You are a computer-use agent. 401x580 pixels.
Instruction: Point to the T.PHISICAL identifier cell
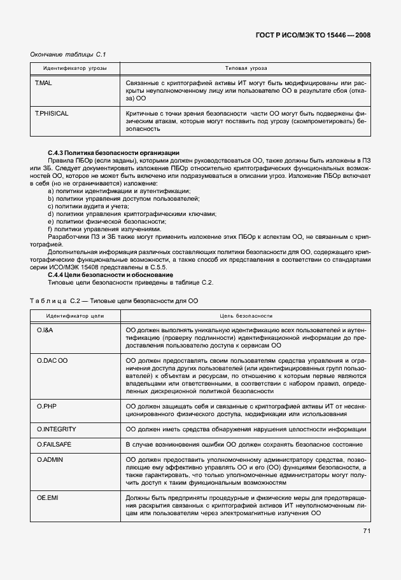point(52,113)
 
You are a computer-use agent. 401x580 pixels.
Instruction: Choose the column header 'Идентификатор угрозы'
point(74,67)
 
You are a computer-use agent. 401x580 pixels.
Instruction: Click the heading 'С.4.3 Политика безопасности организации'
point(113,153)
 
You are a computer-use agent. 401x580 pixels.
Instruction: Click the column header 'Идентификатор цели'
point(74,315)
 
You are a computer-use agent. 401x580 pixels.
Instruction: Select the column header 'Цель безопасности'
point(246,315)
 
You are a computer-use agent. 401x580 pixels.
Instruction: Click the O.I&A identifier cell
point(45,332)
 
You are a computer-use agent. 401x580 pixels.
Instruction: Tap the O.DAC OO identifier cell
point(52,360)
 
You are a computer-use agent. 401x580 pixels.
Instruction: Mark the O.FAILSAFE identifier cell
point(53,444)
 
